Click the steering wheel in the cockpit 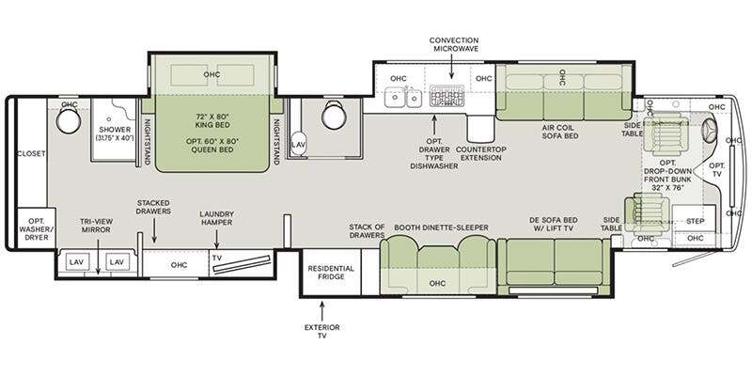(710, 129)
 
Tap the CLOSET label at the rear (31, 154)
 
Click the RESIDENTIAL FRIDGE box (331, 273)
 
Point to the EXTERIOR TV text (322, 332)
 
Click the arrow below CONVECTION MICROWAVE (451, 67)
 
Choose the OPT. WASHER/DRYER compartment (36, 228)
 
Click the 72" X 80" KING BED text (213, 120)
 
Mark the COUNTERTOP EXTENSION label (480, 153)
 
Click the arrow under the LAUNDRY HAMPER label (217, 240)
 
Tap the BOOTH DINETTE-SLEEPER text (441, 227)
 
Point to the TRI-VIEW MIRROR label (96, 226)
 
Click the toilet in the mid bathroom (335, 115)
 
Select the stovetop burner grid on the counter (447, 96)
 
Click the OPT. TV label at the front (717, 170)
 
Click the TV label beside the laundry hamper (217, 258)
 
